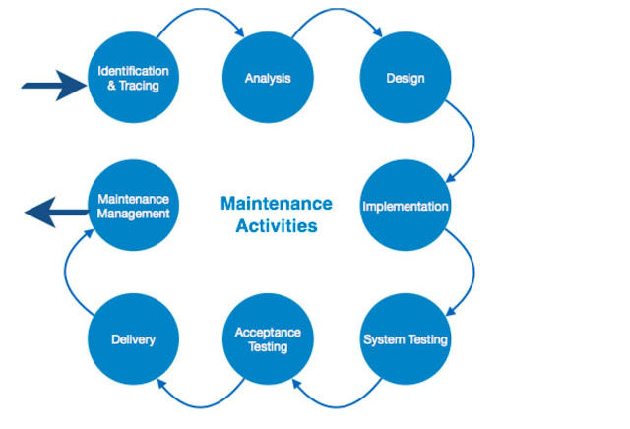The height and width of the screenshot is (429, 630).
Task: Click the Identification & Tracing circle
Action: pyautogui.click(x=133, y=78)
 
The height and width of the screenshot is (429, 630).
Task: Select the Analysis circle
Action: pyautogui.click(x=269, y=78)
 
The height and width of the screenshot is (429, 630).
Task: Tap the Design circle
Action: pyautogui.click(x=405, y=78)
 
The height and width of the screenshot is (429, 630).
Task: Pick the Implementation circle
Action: pyautogui.click(x=405, y=207)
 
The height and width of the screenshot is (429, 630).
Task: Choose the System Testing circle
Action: pyautogui.click(x=405, y=339)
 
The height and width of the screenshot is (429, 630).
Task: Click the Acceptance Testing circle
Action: pyautogui.click(x=269, y=339)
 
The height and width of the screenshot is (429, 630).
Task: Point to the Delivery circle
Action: pyautogui.click(x=133, y=339)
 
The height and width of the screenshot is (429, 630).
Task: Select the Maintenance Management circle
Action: pyautogui.click(x=133, y=206)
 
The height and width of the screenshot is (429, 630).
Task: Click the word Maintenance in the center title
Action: pyautogui.click(x=276, y=204)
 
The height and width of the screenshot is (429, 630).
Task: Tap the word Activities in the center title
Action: pyautogui.click(x=276, y=226)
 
